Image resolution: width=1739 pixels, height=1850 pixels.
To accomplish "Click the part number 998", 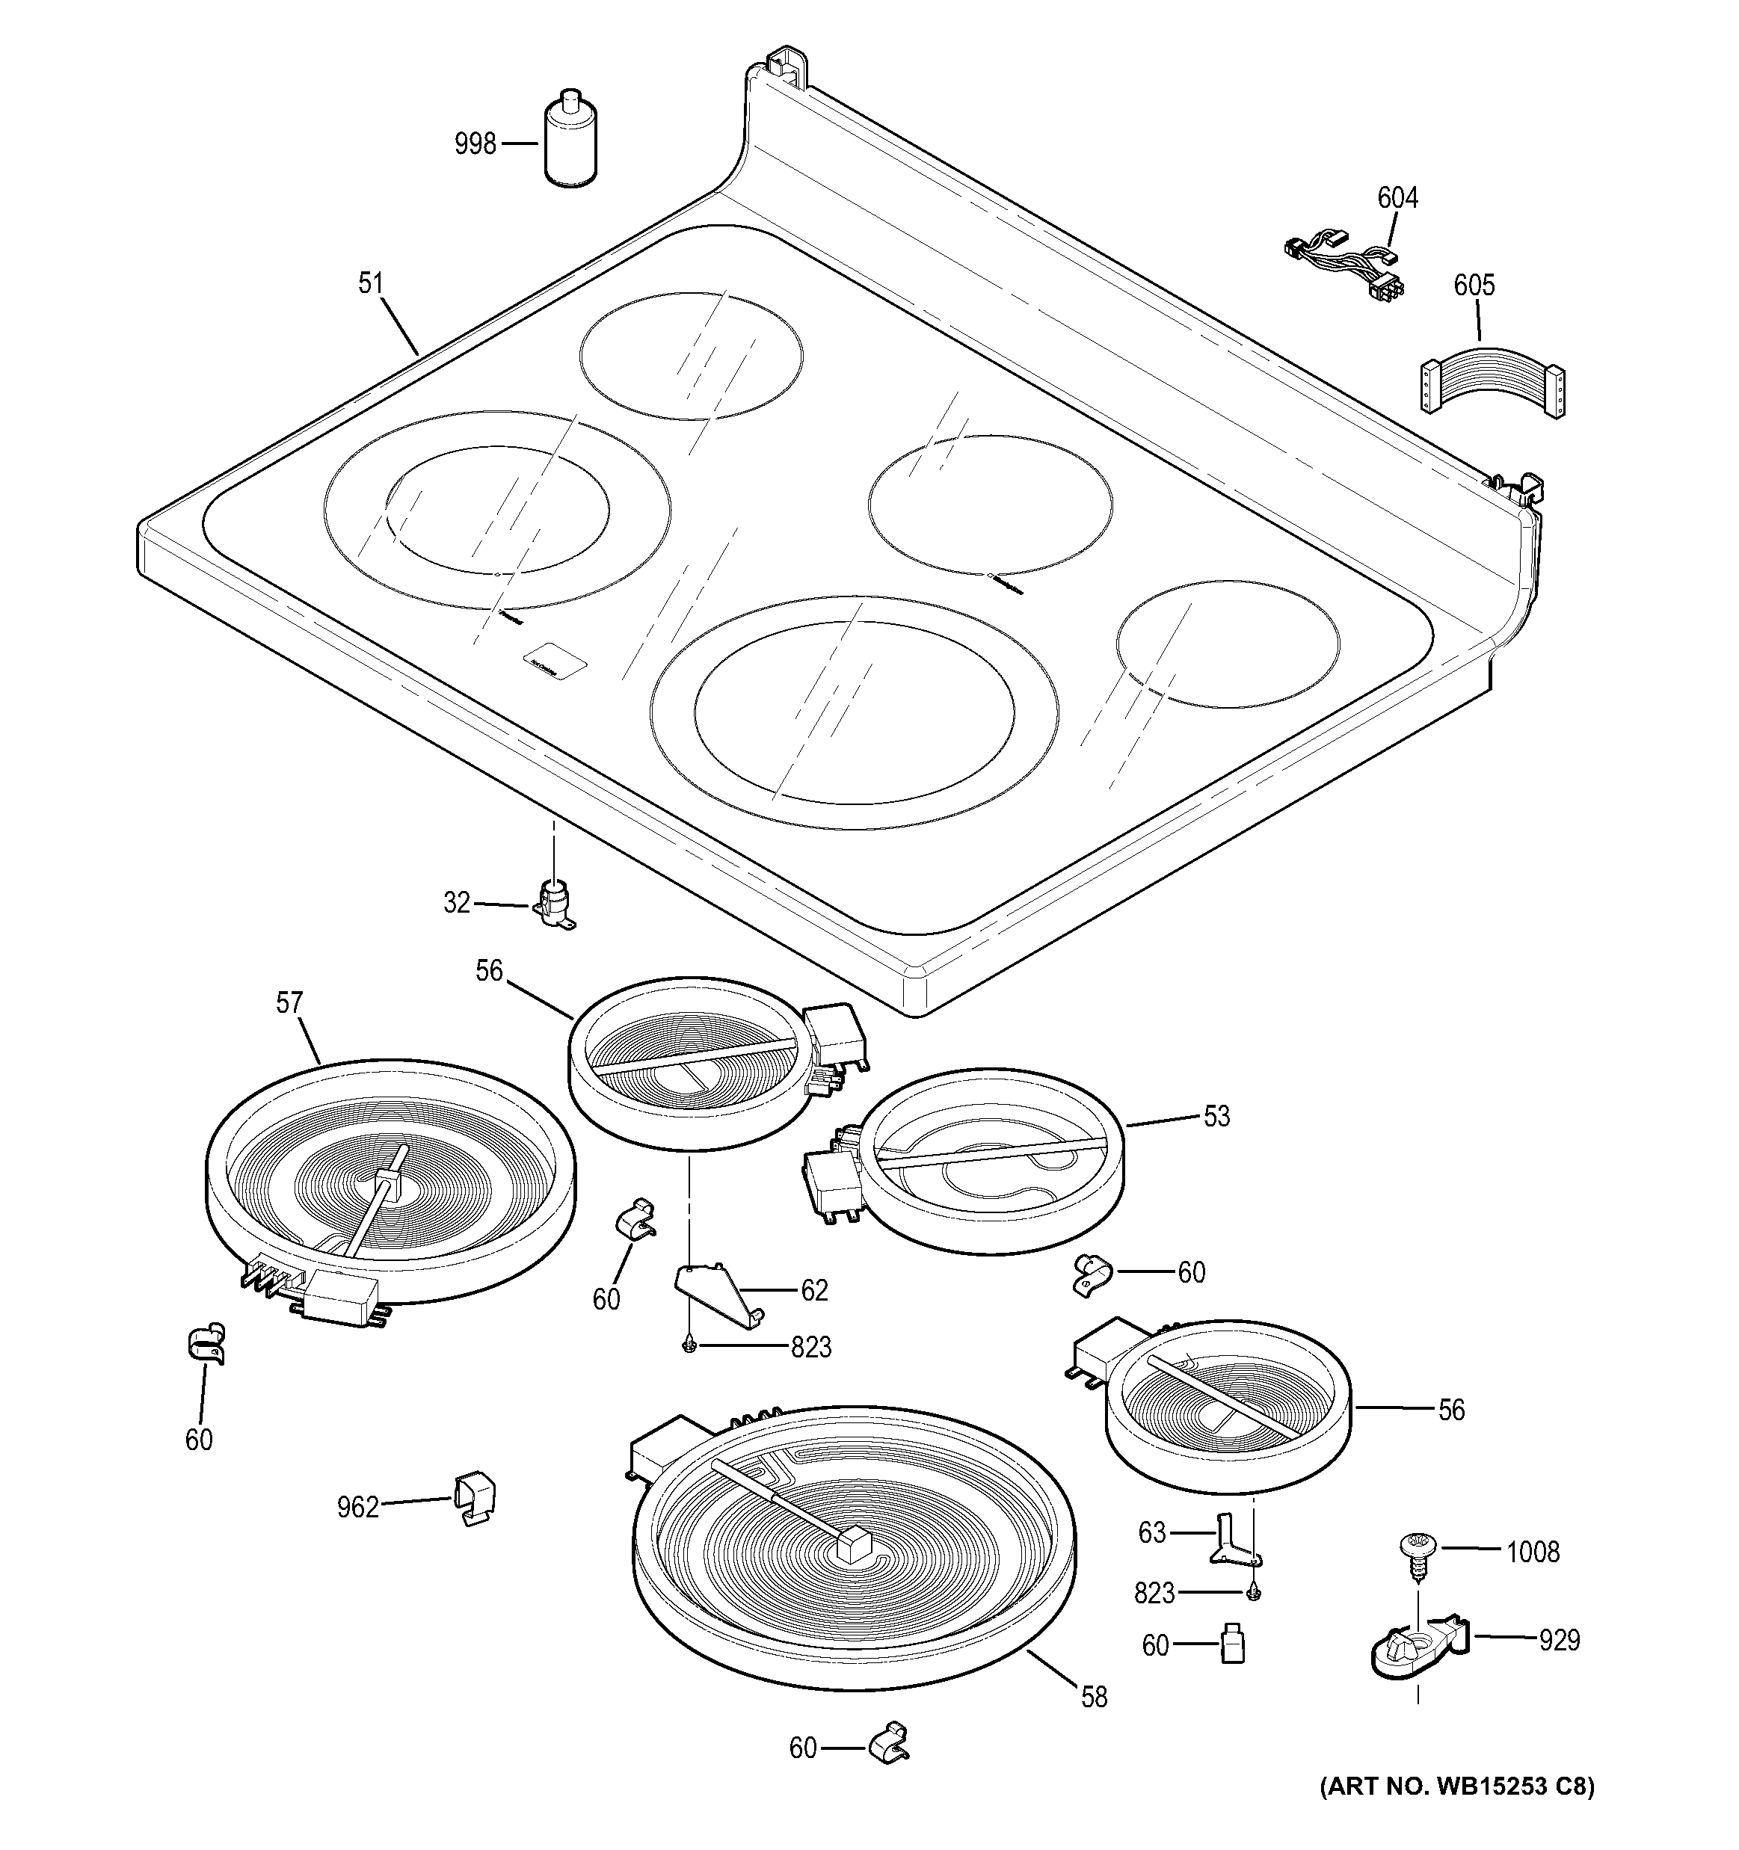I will pyautogui.click(x=475, y=145).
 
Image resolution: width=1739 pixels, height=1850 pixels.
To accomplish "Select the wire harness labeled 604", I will pyautogui.click(x=1344, y=265).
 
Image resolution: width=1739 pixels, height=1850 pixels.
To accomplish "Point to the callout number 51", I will pyautogui.click(x=371, y=283).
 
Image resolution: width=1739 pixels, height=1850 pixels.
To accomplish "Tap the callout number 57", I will pyautogui.click(x=289, y=1003).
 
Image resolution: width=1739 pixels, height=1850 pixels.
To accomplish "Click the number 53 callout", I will pyautogui.click(x=1216, y=1117).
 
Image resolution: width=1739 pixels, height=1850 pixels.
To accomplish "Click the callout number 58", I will pyautogui.click(x=1094, y=1698).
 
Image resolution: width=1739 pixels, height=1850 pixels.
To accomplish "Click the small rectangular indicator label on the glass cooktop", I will pyautogui.click(x=555, y=661).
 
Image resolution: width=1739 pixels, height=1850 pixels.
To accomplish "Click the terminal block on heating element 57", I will pyautogui.click(x=339, y=1294).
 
